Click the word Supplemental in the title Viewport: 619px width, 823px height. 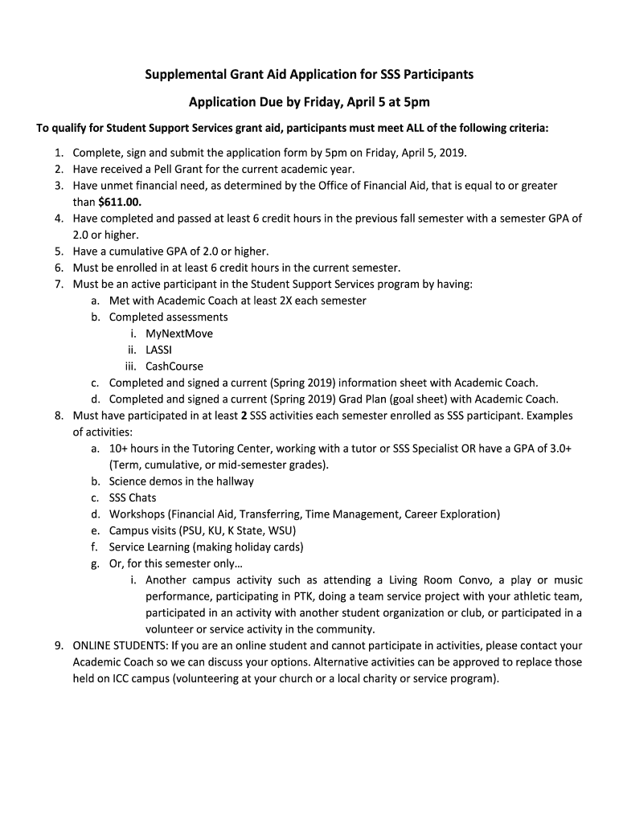pos(182,75)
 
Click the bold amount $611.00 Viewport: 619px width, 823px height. pos(119,202)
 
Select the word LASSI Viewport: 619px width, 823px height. pos(158,350)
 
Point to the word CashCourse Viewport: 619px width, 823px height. pos(174,366)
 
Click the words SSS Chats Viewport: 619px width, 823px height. pos(133,497)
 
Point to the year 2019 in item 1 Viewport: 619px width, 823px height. pos(452,152)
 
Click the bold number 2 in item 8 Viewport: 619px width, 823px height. pos(244,416)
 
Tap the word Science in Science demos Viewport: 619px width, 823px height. pos(129,481)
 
